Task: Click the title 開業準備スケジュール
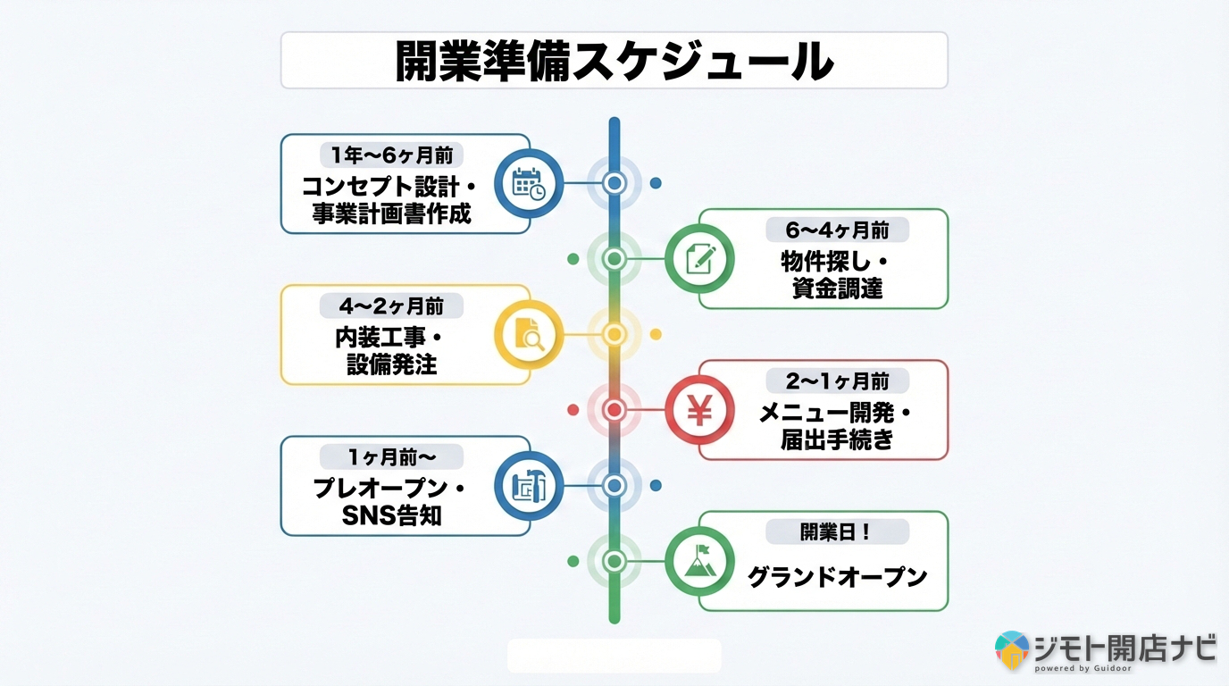coord(614,61)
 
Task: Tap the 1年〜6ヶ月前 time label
coord(391,155)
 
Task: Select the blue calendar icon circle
coord(529,184)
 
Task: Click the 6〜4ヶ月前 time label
coord(837,230)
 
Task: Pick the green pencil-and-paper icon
coord(699,259)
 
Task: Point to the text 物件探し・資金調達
coord(837,275)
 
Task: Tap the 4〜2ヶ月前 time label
coord(391,305)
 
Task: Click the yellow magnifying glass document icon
coord(529,335)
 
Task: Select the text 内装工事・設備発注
coord(391,351)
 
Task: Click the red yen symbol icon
coord(699,410)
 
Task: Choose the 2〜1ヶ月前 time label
coord(837,381)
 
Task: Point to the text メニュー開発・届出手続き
coord(837,426)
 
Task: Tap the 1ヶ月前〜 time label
coord(391,456)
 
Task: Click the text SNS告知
coord(391,516)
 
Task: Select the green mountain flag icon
coord(699,561)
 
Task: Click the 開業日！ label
coord(837,532)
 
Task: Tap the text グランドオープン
coord(837,577)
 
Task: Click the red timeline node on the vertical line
coord(614,410)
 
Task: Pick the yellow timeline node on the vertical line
coord(614,334)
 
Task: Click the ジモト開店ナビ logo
coord(1106,650)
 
